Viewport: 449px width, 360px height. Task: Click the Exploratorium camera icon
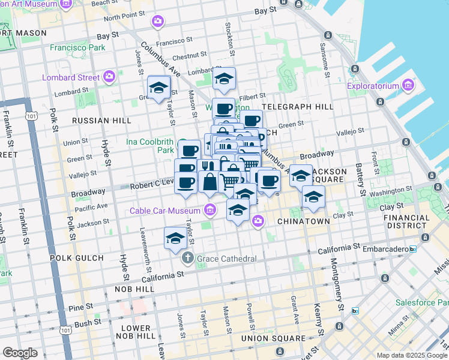pyautogui.click(x=410, y=86)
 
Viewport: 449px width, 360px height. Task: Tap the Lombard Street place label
pyautogui.click(x=71, y=77)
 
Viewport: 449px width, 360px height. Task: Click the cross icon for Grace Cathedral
pyautogui.click(x=187, y=259)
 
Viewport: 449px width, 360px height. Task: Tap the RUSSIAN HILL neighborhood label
pyautogui.click(x=101, y=121)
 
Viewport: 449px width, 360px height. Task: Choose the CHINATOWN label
pyautogui.click(x=303, y=221)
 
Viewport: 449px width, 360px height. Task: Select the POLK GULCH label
pyautogui.click(x=79, y=258)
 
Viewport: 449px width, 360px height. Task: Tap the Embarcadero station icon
pyautogui.click(x=413, y=248)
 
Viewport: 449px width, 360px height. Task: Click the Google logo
pyautogui.click(x=20, y=352)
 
